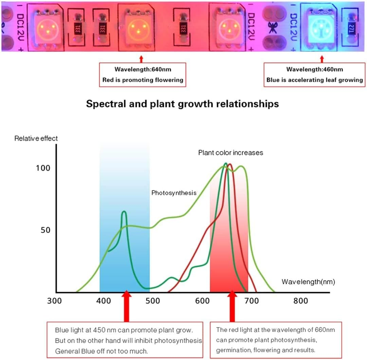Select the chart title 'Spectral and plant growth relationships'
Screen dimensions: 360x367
(x=182, y=104)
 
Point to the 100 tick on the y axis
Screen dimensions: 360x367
(x=43, y=168)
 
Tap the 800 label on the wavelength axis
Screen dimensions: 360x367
(x=300, y=301)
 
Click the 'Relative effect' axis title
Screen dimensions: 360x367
(x=36, y=138)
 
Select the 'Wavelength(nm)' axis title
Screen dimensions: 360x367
(x=308, y=282)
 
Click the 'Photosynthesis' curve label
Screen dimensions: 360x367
(x=174, y=193)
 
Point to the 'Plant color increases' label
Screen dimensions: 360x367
(x=231, y=153)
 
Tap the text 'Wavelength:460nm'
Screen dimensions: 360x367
(x=314, y=70)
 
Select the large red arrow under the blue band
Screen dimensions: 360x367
(x=126, y=307)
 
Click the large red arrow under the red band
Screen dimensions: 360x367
(x=232, y=307)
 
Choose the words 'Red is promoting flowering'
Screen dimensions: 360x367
(x=143, y=80)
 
